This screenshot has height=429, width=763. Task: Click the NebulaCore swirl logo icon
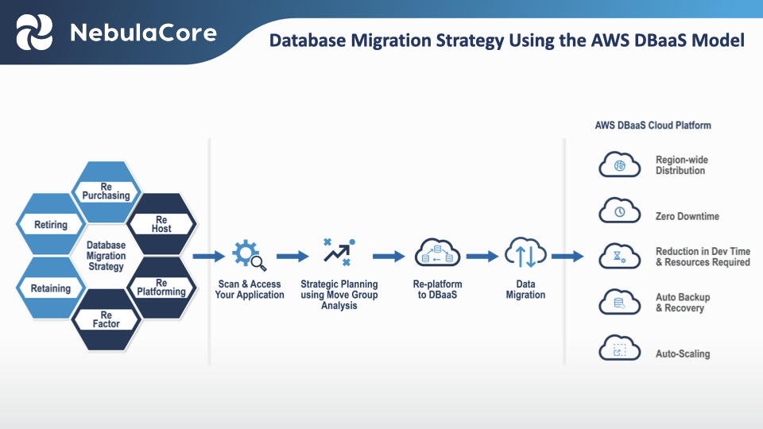34,33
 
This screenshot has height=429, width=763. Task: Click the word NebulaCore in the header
142,33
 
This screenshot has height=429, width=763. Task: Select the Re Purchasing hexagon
106,191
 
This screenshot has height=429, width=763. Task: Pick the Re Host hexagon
161,224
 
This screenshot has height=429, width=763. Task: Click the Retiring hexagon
51,225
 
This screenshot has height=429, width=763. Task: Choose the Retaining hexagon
51,288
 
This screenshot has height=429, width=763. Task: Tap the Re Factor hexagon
106,319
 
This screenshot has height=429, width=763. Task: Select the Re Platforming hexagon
161,288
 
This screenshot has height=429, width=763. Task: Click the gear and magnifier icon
249,256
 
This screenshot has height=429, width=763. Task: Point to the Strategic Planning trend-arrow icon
339,252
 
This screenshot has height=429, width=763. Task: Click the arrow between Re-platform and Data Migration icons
482,257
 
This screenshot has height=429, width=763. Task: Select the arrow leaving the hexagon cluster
208,257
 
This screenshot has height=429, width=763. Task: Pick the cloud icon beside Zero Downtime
619,213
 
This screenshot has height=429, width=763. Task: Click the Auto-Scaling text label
683,354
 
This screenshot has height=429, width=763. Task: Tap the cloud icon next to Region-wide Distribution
619,166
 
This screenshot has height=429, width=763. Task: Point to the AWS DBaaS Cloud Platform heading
653,126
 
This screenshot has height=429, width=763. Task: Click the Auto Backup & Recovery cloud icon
619,302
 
